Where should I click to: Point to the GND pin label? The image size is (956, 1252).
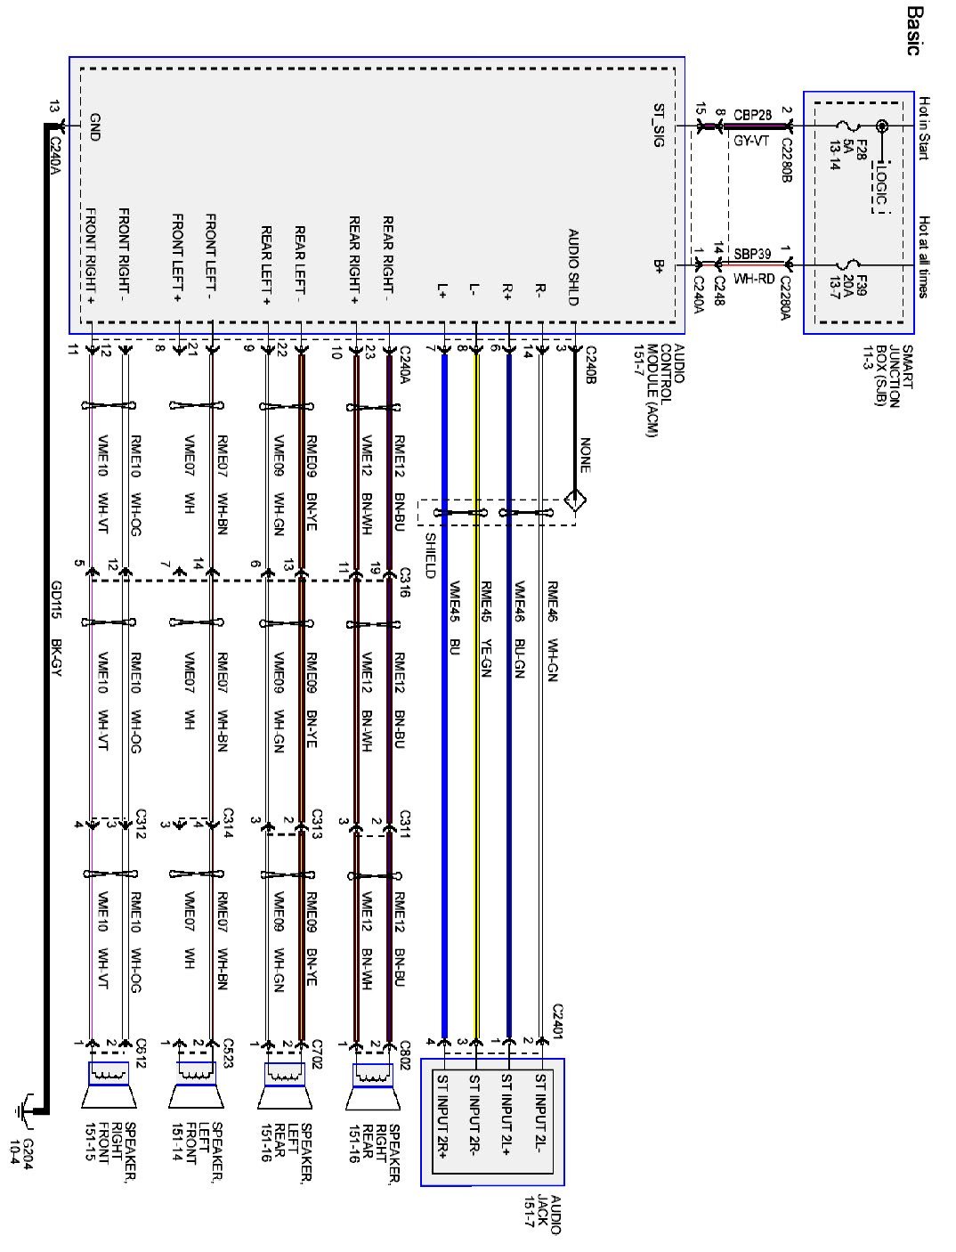coord(93,126)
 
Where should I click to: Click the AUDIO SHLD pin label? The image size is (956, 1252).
coord(572,267)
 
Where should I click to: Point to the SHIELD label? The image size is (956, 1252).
coord(431,555)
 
